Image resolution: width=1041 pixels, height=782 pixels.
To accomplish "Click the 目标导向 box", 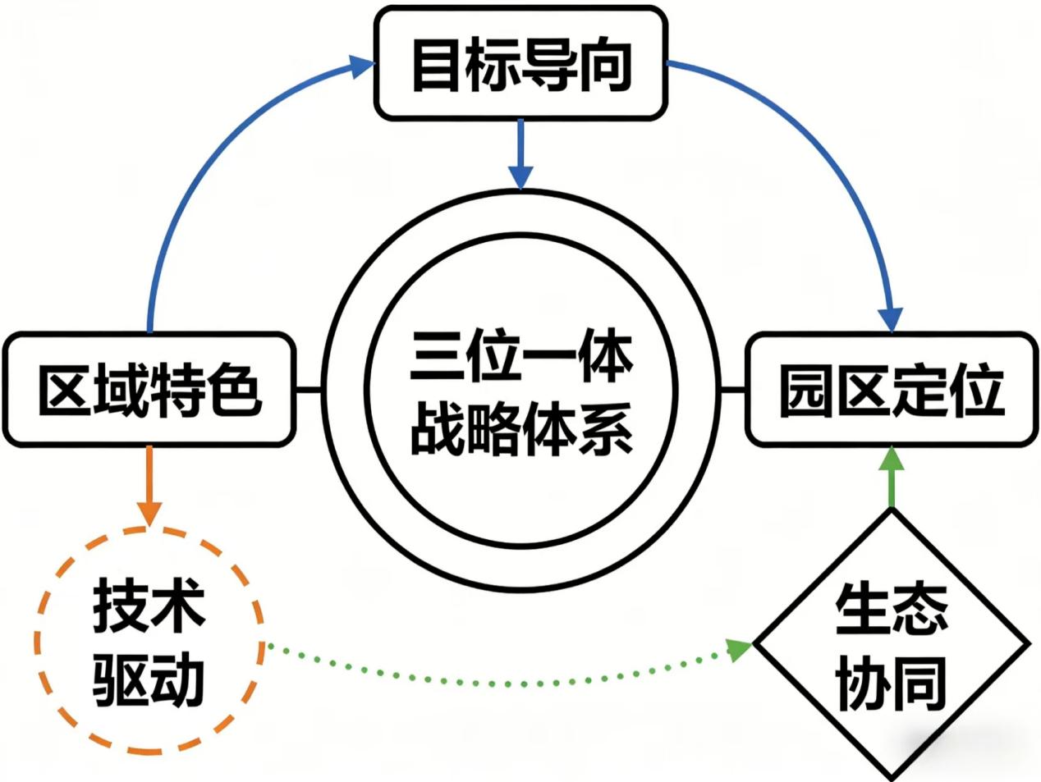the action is tap(520, 63).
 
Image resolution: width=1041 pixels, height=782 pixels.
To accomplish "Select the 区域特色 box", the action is tap(149, 389).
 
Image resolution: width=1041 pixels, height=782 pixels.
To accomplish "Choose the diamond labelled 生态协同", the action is tap(892, 645).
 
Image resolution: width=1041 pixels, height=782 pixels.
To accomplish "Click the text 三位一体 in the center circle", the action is tap(520, 354).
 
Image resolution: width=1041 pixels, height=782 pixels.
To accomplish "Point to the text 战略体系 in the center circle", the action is tap(520, 428).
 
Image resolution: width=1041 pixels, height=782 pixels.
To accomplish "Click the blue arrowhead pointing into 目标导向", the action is tap(361, 66).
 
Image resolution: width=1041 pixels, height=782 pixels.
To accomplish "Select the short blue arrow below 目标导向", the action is tap(520, 153).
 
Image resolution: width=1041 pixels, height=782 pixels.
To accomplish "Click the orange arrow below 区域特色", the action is tap(149, 486).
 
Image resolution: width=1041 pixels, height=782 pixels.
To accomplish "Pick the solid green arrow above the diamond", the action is tap(892, 478).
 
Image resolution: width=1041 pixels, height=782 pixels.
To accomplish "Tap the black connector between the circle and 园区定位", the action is tap(732, 389).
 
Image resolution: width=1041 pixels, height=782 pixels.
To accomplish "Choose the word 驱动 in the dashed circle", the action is tap(149, 679).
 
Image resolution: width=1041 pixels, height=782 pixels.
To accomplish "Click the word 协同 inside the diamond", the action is tap(891, 683).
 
